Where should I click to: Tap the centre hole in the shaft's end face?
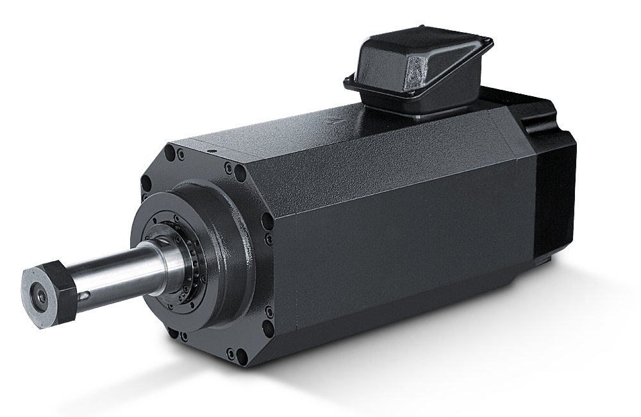(39, 296)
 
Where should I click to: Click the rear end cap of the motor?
(551, 180)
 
